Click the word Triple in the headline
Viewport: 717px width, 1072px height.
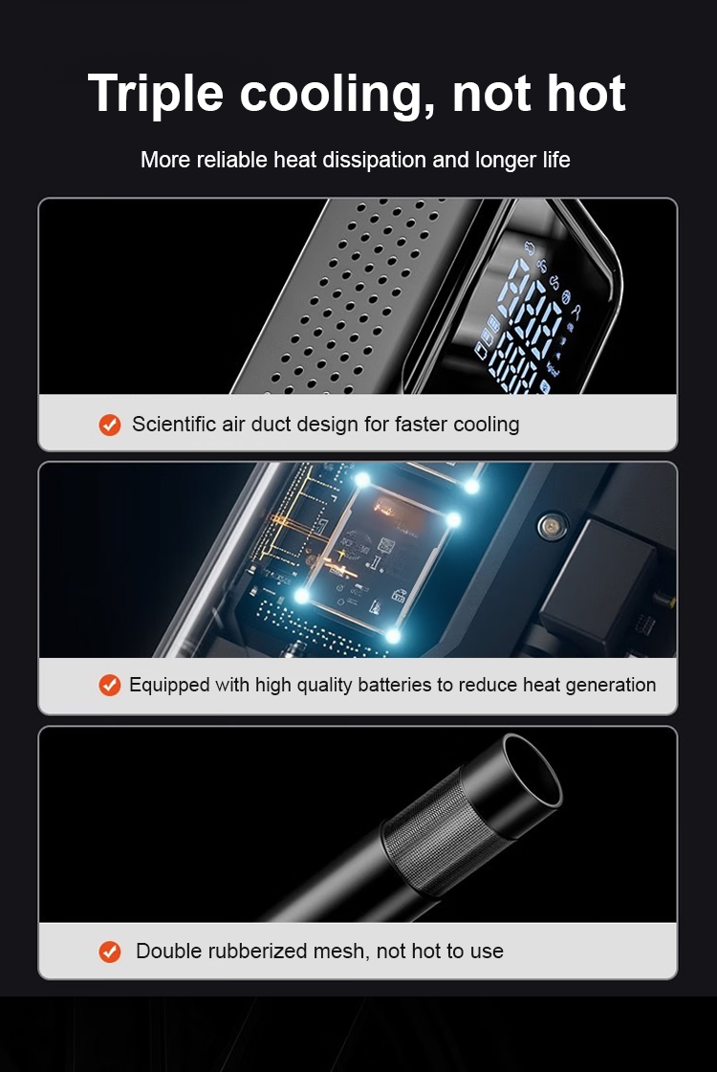(156, 95)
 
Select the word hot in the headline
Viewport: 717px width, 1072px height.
(586, 93)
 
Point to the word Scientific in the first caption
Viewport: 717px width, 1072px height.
(174, 424)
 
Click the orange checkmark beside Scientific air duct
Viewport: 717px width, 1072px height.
(109, 425)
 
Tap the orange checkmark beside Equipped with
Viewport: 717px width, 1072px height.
(109, 685)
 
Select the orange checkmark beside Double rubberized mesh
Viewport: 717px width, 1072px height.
(109, 951)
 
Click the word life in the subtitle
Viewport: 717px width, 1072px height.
(556, 160)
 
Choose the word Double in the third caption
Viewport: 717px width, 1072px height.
(174, 951)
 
